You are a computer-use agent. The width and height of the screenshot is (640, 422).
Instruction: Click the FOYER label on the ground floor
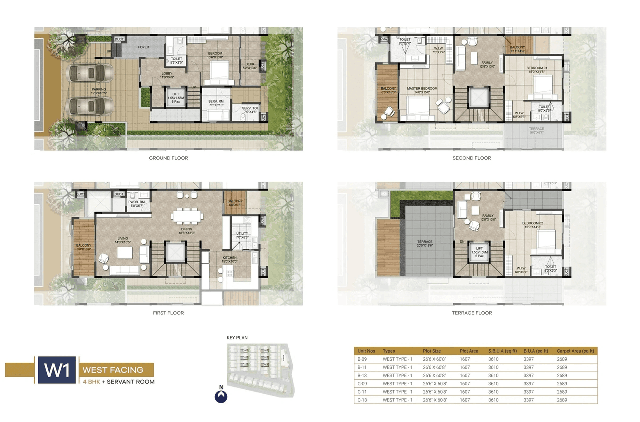pos(144,47)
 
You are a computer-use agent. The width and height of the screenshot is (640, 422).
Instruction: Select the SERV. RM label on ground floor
pos(215,101)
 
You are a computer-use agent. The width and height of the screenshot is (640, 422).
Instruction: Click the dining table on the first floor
pos(187,216)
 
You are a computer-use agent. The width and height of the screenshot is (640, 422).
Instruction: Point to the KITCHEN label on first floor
pos(230,258)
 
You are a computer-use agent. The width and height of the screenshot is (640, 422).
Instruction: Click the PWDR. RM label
pos(136,201)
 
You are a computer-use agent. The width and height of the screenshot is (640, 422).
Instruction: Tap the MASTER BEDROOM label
pos(422,89)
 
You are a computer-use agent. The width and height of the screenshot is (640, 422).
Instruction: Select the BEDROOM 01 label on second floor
pos(537,68)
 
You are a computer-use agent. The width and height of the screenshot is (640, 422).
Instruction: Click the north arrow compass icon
pos(221,396)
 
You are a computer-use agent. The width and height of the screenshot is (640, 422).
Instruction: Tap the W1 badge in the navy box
pos(56,370)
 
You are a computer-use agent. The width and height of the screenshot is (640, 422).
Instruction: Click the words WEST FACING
pos(113,370)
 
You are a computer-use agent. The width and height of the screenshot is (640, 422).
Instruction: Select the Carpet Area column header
pos(575,351)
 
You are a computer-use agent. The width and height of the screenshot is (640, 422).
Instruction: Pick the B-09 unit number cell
pos(362,359)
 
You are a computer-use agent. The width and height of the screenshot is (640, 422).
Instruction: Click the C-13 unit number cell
pos(362,400)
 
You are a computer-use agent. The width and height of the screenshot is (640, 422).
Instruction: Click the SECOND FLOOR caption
pos(472,158)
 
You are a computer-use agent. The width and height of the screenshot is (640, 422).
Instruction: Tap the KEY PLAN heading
pos(237,338)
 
